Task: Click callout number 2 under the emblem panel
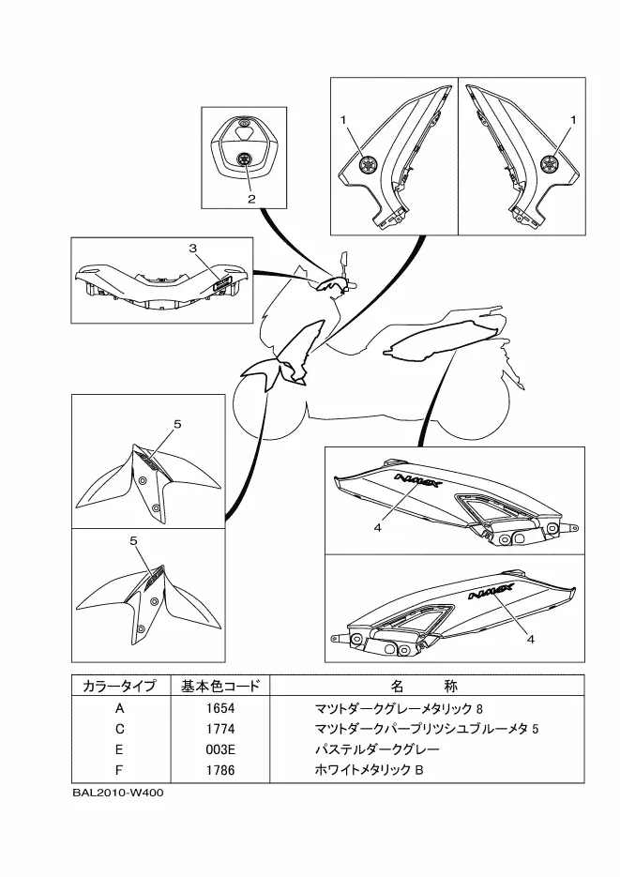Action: (251, 199)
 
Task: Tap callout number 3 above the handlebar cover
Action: (192, 249)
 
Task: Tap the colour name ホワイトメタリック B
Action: (370, 771)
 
